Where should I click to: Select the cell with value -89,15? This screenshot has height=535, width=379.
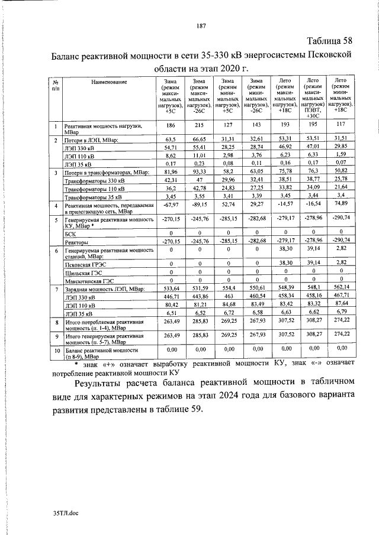(x=198, y=205)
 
